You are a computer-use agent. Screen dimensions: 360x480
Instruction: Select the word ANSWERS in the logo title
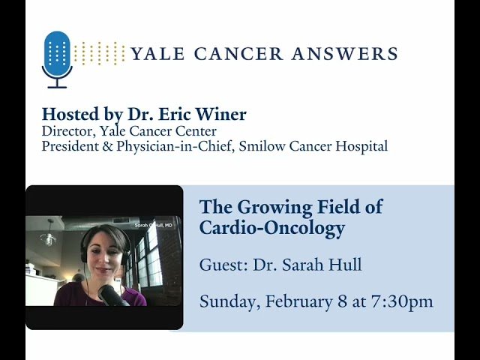coord(349,54)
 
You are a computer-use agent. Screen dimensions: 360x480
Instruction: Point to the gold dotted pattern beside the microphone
coord(100,53)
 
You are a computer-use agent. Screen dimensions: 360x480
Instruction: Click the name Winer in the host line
coord(221,115)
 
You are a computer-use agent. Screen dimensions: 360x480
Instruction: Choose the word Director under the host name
coord(67,131)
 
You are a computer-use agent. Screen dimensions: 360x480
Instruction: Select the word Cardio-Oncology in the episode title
coord(271,228)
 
